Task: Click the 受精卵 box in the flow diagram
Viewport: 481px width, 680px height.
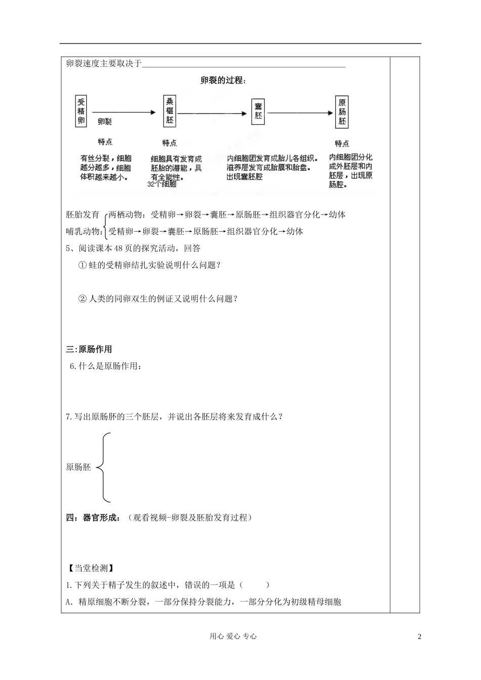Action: pyautogui.click(x=81, y=111)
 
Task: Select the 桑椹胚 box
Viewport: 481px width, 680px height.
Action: pyautogui.click(x=170, y=111)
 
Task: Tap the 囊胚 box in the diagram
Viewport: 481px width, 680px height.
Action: pyautogui.click(x=258, y=111)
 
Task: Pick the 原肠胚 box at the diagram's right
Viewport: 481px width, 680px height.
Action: pyautogui.click(x=343, y=112)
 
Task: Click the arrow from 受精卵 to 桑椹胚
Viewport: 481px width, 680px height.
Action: pyautogui.click(x=124, y=113)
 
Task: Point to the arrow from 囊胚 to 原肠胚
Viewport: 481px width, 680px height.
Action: pyautogui.click(x=300, y=113)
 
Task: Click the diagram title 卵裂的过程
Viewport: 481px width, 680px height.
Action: pyautogui.click(x=223, y=80)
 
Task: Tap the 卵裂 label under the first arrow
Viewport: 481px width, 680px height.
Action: pyautogui.click(x=105, y=121)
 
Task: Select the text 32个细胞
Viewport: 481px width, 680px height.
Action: pyautogui.click(x=162, y=185)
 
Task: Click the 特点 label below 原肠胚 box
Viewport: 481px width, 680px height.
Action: pyautogui.click(x=342, y=143)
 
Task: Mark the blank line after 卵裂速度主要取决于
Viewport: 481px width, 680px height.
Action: pyautogui.click(x=244, y=64)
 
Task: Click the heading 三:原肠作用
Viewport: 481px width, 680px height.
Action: pyautogui.click(x=89, y=349)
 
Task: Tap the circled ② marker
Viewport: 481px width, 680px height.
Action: pyautogui.click(x=83, y=299)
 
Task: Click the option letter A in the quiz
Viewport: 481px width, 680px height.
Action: pyautogui.click(x=69, y=602)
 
